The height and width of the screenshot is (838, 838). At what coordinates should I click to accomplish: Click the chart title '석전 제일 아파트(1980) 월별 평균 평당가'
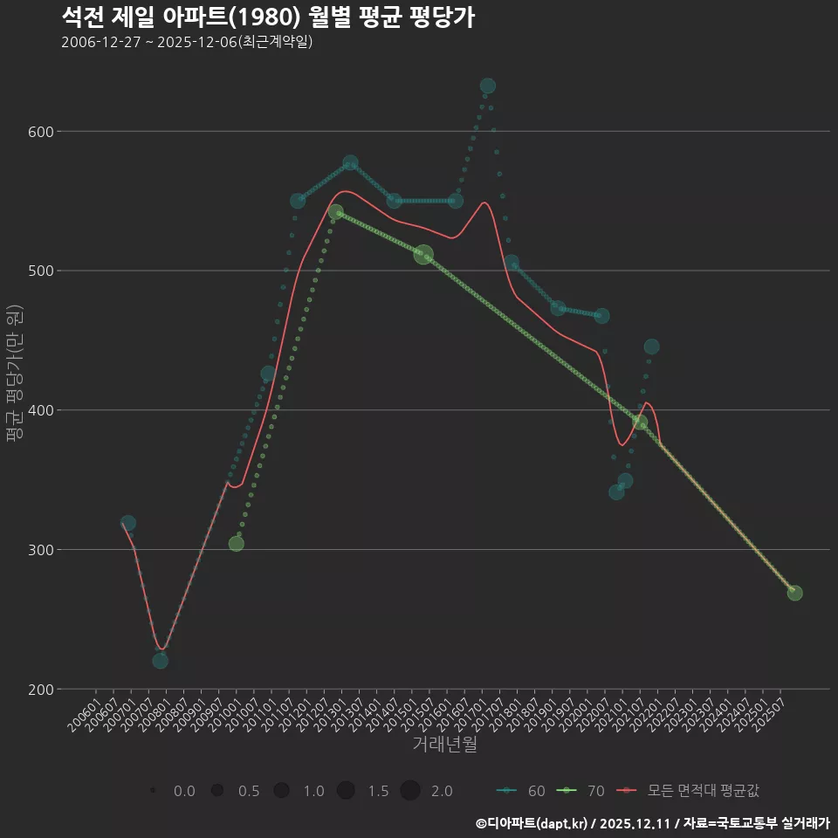268,17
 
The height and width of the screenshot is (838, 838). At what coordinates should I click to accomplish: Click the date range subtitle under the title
187,42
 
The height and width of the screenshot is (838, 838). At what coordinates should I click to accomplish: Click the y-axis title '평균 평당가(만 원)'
14,375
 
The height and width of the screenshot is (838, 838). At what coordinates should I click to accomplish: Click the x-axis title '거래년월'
444,745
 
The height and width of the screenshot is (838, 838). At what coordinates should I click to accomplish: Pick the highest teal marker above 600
488,86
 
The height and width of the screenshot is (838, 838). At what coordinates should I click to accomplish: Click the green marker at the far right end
794,593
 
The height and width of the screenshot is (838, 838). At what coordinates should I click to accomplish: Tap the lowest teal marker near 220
160,661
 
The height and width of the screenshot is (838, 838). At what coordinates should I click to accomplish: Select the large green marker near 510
423,255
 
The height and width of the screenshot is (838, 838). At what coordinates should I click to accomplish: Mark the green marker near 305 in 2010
236,544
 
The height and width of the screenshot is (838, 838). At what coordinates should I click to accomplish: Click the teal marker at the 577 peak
351,163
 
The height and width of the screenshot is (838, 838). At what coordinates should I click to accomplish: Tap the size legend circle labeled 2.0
410,791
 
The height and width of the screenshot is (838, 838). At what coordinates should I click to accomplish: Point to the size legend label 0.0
184,791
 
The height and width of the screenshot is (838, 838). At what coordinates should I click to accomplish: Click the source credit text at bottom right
652,822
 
